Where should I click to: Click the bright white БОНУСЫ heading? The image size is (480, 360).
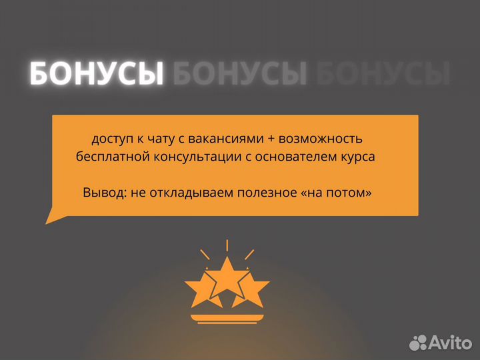[x=97, y=74]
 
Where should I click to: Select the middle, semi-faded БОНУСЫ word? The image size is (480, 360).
[x=240, y=74]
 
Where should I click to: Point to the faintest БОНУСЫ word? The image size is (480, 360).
[x=383, y=74]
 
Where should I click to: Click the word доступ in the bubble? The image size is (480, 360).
[x=112, y=139]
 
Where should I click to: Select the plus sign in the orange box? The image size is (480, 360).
[x=267, y=139]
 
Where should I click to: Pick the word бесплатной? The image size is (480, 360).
[x=106, y=157]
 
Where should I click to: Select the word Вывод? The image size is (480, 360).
[x=103, y=193]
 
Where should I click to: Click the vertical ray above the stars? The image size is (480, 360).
[x=227, y=245]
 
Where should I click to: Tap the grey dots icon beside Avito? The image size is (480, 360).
[x=418, y=342]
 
